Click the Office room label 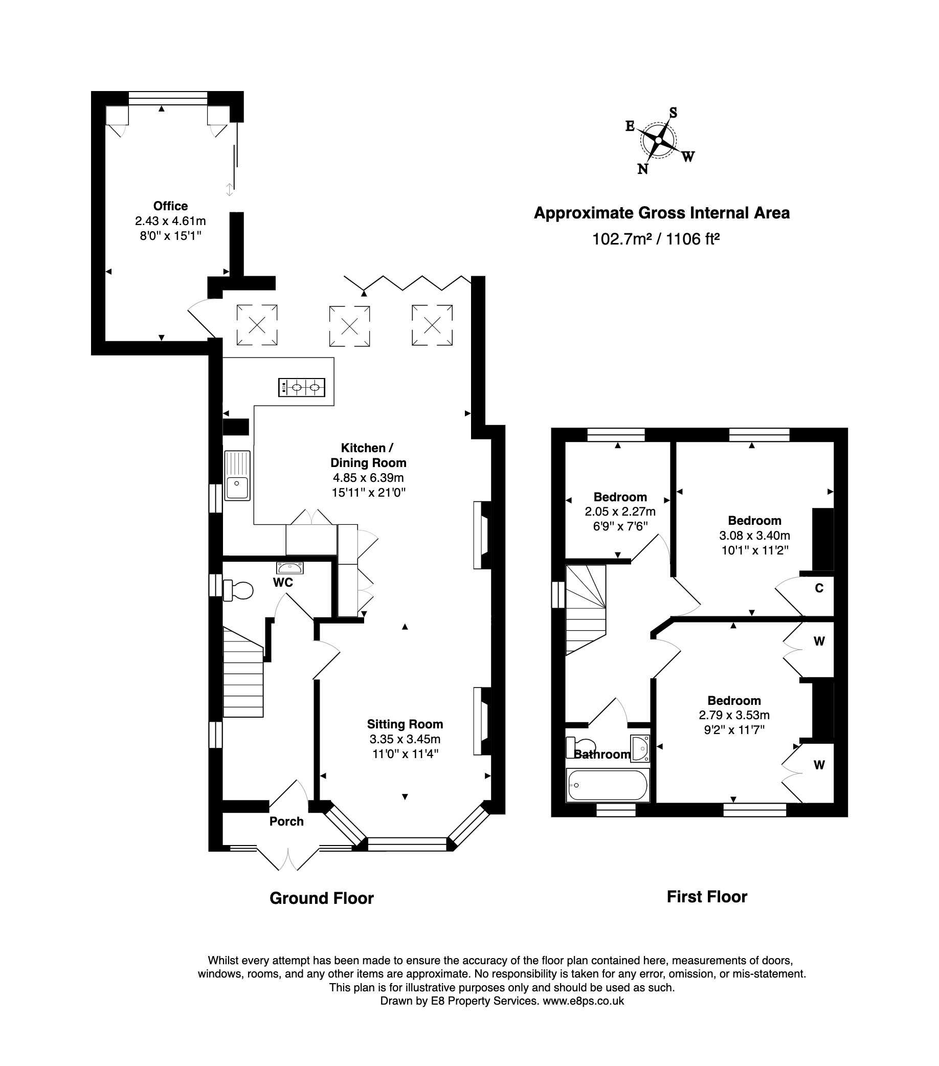pyautogui.click(x=170, y=206)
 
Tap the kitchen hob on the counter pyautogui.click(x=301, y=388)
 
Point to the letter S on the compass pyautogui.click(x=673, y=113)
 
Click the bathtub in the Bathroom pyautogui.click(x=608, y=785)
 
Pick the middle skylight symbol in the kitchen pyautogui.click(x=349, y=326)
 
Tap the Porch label pyautogui.click(x=286, y=821)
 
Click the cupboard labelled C pyautogui.click(x=819, y=588)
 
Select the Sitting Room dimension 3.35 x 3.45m pyautogui.click(x=405, y=739)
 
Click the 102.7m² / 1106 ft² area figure pyautogui.click(x=655, y=239)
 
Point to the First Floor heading pyautogui.click(x=706, y=897)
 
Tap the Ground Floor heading pyautogui.click(x=321, y=898)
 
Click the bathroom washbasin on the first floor pyautogui.click(x=640, y=748)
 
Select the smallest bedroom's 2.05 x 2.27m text pyautogui.click(x=620, y=512)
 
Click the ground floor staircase pyautogui.click(x=243, y=678)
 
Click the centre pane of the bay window pyautogui.click(x=407, y=845)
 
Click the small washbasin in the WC pyautogui.click(x=290, y=568)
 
